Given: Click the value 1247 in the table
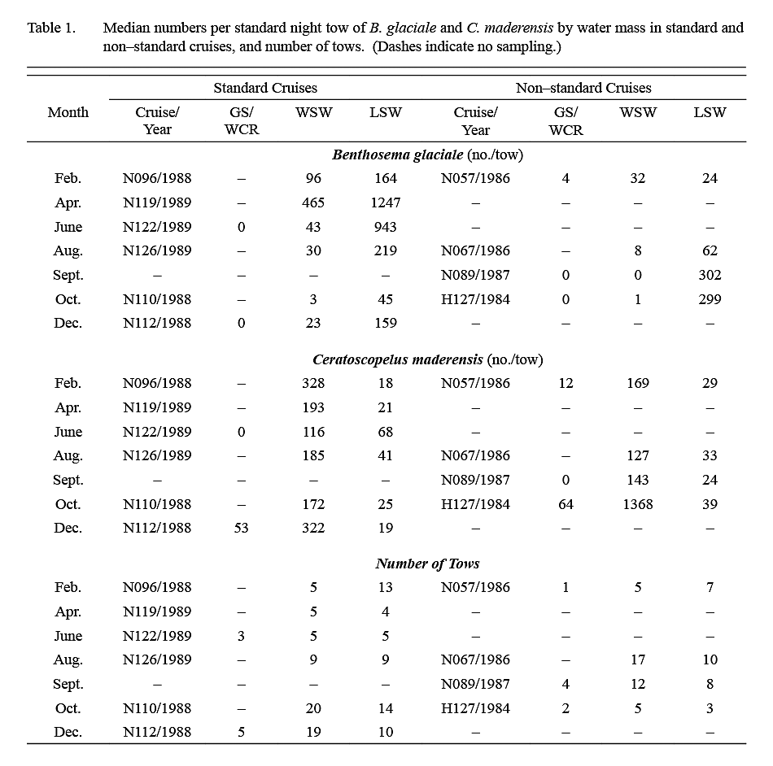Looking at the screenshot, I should tap(385, 202).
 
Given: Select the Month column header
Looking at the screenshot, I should tap(68, 112).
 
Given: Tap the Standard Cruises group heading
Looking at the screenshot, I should tap(265, 88).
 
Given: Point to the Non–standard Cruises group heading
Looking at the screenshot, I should tap(583, 88).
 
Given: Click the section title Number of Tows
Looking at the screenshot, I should tap(427, 564).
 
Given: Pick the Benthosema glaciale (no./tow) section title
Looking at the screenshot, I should tap(427, 155).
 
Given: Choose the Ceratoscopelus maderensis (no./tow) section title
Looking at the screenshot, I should tap(427, 359).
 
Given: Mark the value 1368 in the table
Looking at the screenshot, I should tap(638, 504).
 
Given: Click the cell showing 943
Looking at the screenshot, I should tap(385, 227).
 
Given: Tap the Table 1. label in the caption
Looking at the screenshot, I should tap(51, 28).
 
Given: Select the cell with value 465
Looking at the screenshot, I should tap(313, 202).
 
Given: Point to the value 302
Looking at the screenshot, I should tap(710, 275).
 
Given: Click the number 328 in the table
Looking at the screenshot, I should tap(313, 383).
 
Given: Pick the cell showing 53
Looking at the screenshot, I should tap(241, 528).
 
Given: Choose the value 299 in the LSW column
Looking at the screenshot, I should tap(710, 299).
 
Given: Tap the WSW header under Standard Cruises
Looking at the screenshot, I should tap(313, 112).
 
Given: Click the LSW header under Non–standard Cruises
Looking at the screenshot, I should tap(710, 112).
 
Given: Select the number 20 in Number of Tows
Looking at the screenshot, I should tap(313, 708).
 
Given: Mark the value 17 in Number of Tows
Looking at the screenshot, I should tap(638, 660).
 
